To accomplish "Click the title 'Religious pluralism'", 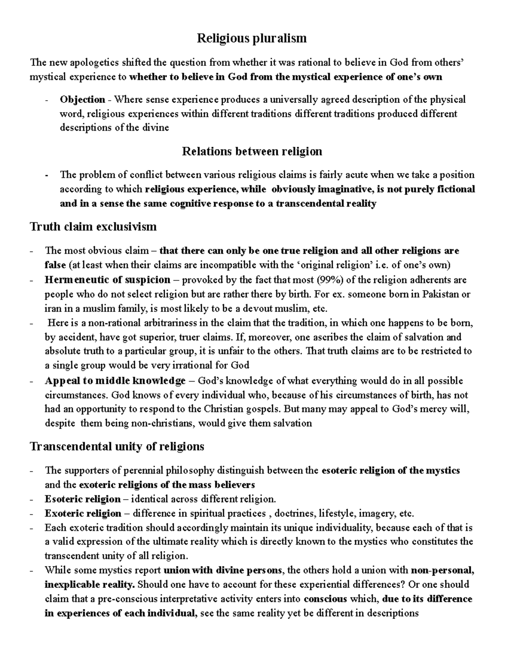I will (x=251, y=38).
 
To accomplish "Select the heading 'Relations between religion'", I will (x=252, y=151).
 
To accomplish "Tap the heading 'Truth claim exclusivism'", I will (x=93, y=227).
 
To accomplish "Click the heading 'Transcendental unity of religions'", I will (x=117, y=446).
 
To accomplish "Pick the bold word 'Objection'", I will (x=82, y=100).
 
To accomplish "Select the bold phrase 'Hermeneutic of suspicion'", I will (x=108, y=280).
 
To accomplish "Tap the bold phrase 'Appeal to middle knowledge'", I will (x=115, y=381).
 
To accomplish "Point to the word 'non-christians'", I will (x=162, y=423).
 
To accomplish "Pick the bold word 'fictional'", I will (x=454, y=189).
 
